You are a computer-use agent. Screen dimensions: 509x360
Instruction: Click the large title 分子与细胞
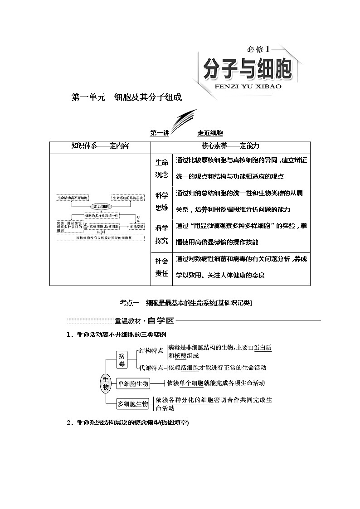247,69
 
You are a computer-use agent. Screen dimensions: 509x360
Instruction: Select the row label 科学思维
162,202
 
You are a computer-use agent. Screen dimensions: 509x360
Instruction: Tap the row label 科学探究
162,234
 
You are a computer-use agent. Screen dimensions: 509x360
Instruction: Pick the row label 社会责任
162,267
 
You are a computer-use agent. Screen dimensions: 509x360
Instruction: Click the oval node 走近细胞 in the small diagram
100,206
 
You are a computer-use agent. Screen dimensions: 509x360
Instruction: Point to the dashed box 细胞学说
136,226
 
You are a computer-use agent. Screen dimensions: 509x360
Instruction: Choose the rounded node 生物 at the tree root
106,383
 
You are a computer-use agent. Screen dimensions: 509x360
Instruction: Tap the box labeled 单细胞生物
133,383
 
